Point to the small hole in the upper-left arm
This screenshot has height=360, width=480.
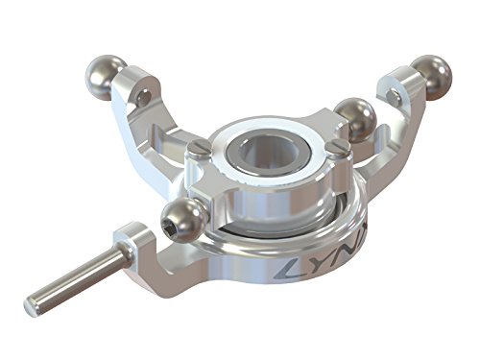click(143, 97)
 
